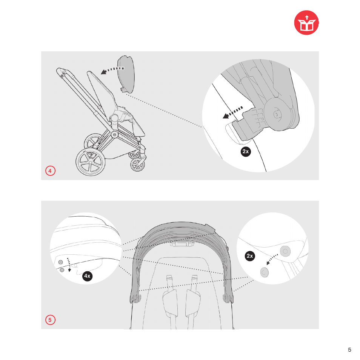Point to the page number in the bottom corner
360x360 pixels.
pyautogui.click(x=349, y=349)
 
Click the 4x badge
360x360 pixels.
pyautogui.click(x=88, y=276)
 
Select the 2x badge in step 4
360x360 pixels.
pyautogui.click(x=246, y=152)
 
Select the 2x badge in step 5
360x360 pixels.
pyautogui.click(x=249, y=256)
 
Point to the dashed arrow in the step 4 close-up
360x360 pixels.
pyautogui.click(x=232, y=112)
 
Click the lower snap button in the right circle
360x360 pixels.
pyautogui.click(x=264, y=272)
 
